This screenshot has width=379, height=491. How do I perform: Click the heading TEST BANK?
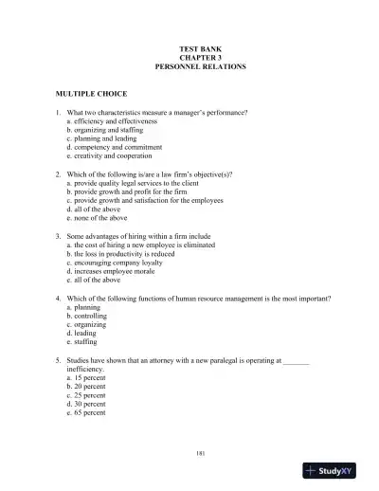(x=199, y=48)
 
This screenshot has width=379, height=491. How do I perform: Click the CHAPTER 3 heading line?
(x=199, y=58)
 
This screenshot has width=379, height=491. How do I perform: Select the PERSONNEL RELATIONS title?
(x=199, y=67)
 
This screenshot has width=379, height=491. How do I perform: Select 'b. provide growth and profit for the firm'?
(x=129, y=192)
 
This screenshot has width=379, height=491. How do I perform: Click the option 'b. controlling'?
(x=88, y=316)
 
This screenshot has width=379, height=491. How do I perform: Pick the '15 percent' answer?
(x=86, y=378)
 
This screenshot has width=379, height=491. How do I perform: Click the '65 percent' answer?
(x=86, y=413)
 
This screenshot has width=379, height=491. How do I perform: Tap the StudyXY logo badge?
(x=336, y=470)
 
